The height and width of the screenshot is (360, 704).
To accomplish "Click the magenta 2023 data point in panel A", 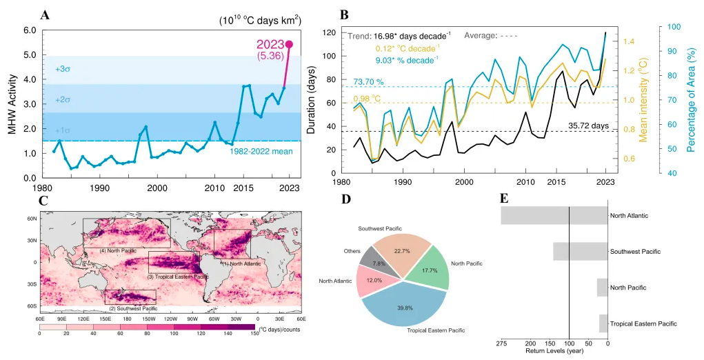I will point(289,44).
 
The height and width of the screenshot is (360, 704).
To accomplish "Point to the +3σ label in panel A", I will point(63,69).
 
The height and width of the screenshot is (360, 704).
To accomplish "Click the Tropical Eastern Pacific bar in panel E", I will point(603,323).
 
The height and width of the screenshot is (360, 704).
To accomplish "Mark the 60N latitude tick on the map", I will point(32,218).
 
